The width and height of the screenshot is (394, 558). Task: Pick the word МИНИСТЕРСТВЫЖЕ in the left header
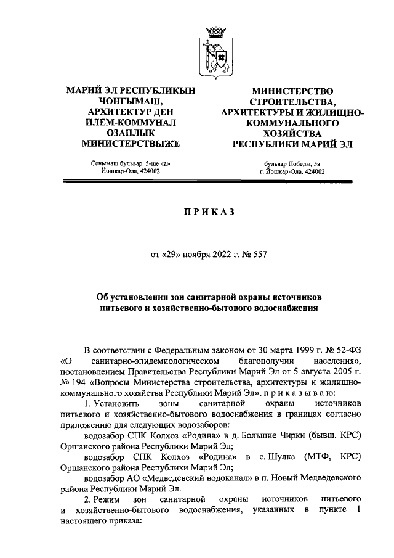[x=131, y=144]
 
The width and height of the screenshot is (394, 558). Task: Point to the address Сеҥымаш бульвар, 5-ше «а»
[x=131, y=163]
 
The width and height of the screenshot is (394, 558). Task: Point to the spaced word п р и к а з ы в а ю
[x=301, y=393]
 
